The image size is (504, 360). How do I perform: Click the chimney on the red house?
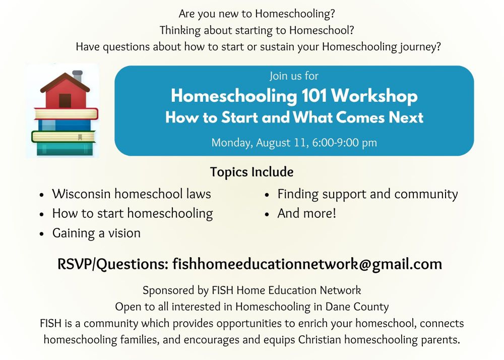tap(78, 76)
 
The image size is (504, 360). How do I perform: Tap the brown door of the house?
tap(65, 101)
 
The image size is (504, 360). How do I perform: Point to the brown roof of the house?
tap(65, 83)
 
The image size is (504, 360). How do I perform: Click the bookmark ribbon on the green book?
tap(80, 137)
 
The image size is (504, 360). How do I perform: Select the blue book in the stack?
tap(65, 125)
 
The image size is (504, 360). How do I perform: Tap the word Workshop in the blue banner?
tap(374, 96)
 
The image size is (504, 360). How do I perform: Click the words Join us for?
tap(294, 76)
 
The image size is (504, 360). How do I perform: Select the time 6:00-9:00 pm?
tap(344, 142)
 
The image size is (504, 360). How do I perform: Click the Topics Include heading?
tap(251, 172)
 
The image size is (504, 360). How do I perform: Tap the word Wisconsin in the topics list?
tap(81, 194)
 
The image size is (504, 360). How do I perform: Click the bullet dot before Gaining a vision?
tap(41, 234)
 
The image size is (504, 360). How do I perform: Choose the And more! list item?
tap(306, 213)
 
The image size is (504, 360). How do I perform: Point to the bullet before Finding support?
tap(267, 195)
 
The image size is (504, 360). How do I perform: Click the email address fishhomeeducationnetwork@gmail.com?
tap(307, 264)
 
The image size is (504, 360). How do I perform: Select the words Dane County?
tap(357, 307)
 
